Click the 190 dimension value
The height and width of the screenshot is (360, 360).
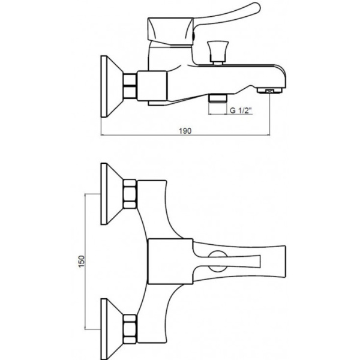tap(185, 131)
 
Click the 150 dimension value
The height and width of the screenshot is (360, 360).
tap(82, 261)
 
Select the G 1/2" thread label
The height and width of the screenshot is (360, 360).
tap(241, 110)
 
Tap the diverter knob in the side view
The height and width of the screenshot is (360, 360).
tap(218, 52)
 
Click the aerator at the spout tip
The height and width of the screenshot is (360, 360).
tap(269, 91)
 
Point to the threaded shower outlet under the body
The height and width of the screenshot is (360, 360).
tap(217, 98)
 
